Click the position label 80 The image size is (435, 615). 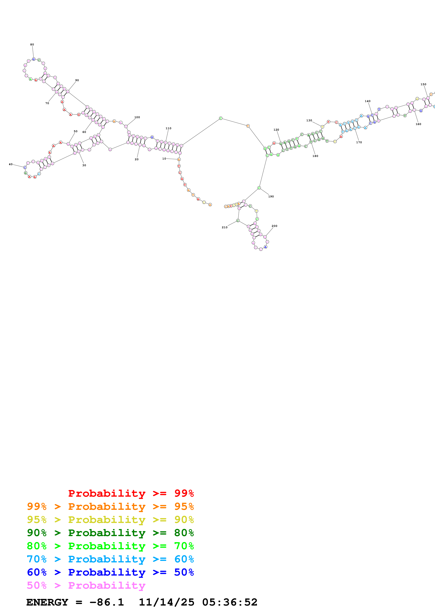(x=32, y=45)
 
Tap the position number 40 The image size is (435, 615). (x=11, y=164)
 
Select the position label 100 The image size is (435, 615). (x=137, y=117)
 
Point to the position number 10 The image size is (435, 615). (x=164, y=159)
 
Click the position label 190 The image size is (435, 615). (x=271, y=196)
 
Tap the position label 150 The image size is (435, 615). (x=423, y=84)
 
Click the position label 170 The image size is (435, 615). (x=359, y=142)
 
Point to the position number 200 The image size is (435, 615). (x=274, y=226)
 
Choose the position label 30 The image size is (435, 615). (x=84, y=165)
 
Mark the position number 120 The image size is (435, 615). (x=276, y=130)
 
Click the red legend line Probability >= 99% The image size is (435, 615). (x=131, y=493)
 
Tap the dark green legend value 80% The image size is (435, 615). (x=184, y=533)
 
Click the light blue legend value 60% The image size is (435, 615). (x=184, y=559)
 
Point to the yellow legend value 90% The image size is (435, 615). (x=184, y=520)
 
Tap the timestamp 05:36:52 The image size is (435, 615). (x=230, y=602)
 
